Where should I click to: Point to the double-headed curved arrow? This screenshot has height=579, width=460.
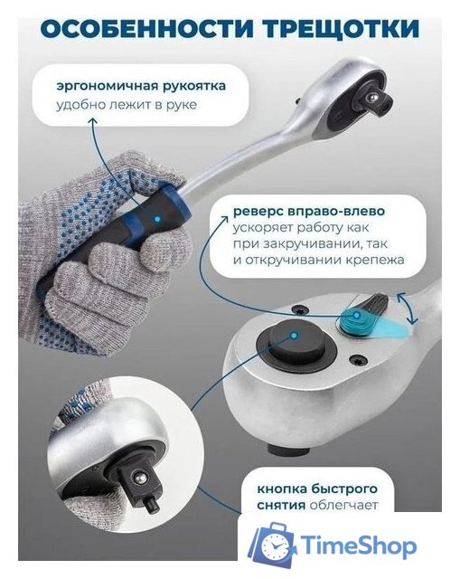tap(411, 313)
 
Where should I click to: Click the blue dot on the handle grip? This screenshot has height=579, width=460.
tap(158, 220)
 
